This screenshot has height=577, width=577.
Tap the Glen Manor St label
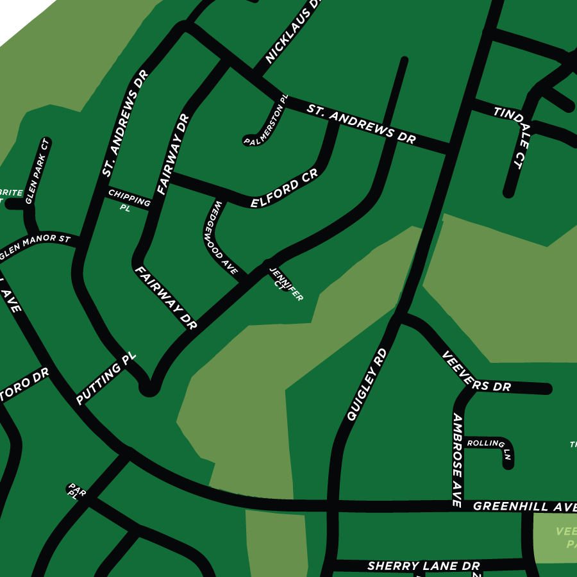[x=35, y=247]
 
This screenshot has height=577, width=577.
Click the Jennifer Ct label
[x=285, y=284]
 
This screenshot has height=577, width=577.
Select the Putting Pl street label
[x=106, y=379]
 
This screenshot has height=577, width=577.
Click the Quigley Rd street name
[x=367, y=385]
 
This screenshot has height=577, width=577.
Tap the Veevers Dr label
[x=476, y=372]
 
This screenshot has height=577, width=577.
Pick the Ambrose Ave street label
[x=457, y=460]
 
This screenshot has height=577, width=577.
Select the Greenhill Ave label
[x=524, y=507]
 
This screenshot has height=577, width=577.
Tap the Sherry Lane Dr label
[x=423, y=566]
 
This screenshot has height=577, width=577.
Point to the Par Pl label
[x=74, y=491]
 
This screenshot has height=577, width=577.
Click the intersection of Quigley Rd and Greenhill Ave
[x=332, y=505]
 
